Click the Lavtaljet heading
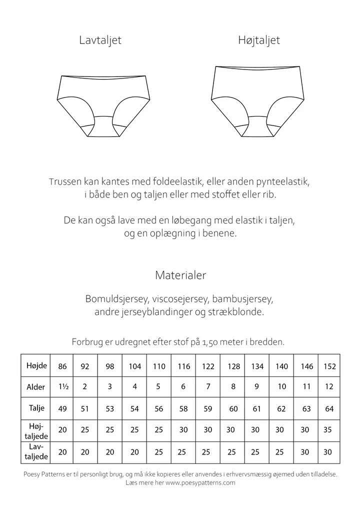100,40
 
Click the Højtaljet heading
258,40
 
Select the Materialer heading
180,275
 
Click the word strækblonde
241,312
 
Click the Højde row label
36,365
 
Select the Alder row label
36,387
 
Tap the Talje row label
36,408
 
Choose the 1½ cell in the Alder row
62,387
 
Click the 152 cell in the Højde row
329,366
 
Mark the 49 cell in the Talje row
62,408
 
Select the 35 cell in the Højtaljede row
329,429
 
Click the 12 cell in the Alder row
329,387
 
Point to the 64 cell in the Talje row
329,408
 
